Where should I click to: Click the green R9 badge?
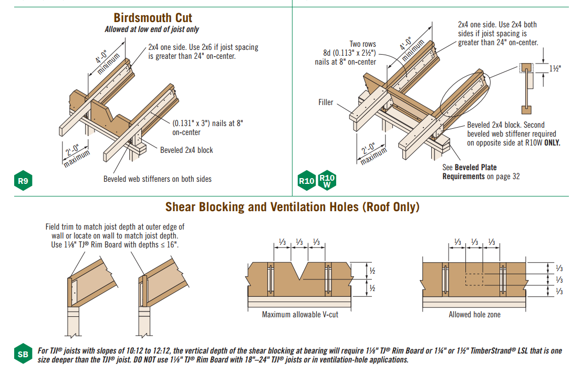coord(23,182)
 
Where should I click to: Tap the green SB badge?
coord(23,355)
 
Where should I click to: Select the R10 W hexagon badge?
coord(327,181)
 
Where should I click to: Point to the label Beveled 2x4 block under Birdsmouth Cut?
coord(186,150)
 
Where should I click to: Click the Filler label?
coord(326,102)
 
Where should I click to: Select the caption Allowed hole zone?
coord(474,315)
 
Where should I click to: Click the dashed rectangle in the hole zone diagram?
coord(474,279)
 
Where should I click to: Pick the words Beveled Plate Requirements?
coord(469,172)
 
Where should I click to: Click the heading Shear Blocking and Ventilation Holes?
coord(293,207)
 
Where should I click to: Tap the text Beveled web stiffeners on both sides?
coord(158,179)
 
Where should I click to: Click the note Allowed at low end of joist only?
coord(152,29)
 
